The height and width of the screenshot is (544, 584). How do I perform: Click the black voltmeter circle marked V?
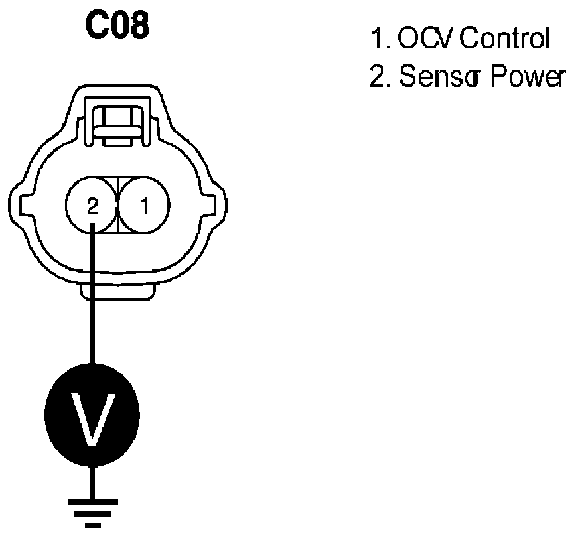92,419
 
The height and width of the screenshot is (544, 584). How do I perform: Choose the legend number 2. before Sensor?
380,78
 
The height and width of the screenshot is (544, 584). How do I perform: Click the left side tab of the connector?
18,202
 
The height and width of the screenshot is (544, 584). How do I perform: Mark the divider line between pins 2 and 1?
117,206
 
